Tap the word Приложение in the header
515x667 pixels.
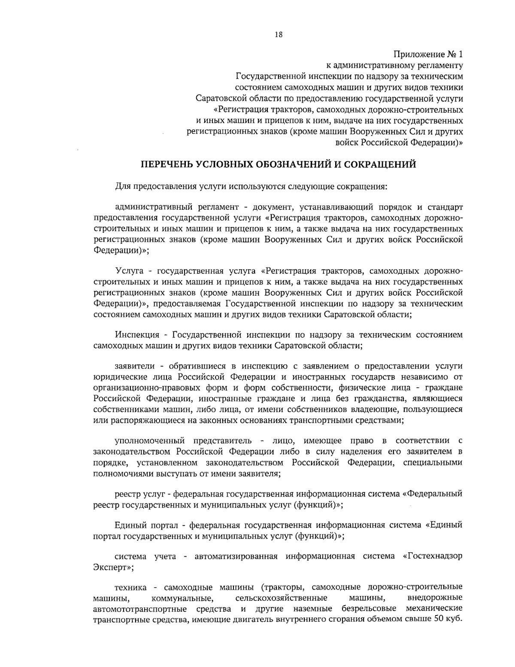pos(417,55)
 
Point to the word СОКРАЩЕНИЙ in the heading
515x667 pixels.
pos(381,164)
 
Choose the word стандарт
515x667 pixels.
pos(443,208)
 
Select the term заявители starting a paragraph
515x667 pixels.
pos(135,366)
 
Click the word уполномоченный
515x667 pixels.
pos(150,441)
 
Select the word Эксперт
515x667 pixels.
pos(111,567)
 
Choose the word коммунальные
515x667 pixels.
pos(183,598)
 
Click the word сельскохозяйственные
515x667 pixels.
pos(282,598)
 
